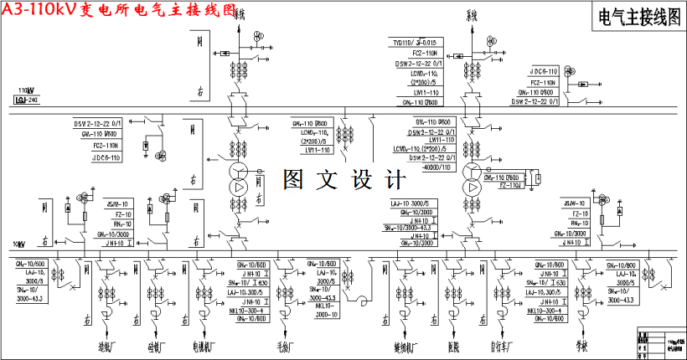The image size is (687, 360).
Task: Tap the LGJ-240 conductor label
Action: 27,100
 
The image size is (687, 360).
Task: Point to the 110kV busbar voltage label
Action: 26,90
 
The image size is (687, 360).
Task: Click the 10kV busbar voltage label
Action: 20,244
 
